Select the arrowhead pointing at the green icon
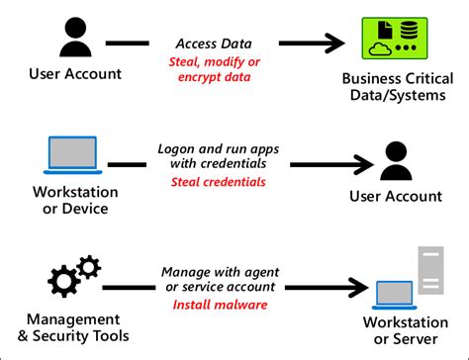coord(333,44)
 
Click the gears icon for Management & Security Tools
coord(72,277)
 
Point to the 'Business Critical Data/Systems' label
coord(393,87)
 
